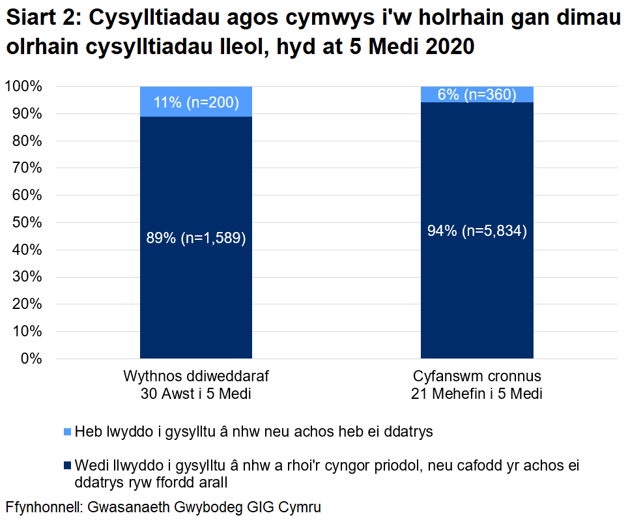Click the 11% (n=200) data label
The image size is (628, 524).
click(x=196, y=102)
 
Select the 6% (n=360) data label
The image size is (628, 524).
click(x=477, y=95)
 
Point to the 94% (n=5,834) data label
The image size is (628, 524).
click(x=477, y=230)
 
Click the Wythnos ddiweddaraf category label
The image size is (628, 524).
click(x=196, y=377)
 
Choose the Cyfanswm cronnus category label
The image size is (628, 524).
click(x=477, y=377)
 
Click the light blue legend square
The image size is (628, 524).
click(x=68, y=431)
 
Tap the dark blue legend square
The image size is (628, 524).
click(x=68, y=466)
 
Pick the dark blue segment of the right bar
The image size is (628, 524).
click(x=477, y=293)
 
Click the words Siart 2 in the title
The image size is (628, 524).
click(x=40, y=20)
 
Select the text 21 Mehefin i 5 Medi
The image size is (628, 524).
click(x=477, y=394)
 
